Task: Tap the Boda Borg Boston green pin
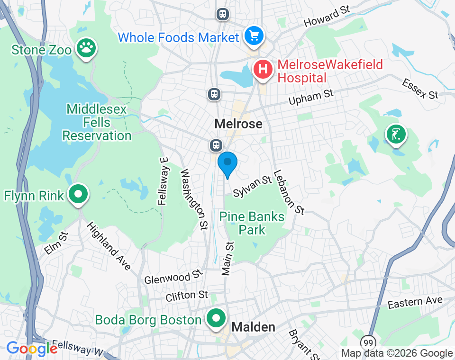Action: pos(217,318)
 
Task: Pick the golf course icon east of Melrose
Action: pos(396,135)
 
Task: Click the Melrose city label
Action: pos(238,124)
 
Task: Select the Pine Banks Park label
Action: pos(252,224)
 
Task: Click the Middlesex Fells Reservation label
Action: pos(97,123)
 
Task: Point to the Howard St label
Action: pos(327,17)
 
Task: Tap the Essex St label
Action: pos(420,89)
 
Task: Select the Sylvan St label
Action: pos(252,186)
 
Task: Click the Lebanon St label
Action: pos(289,192)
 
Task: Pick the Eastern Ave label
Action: pos(415,302)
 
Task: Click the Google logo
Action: pos(32,349)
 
